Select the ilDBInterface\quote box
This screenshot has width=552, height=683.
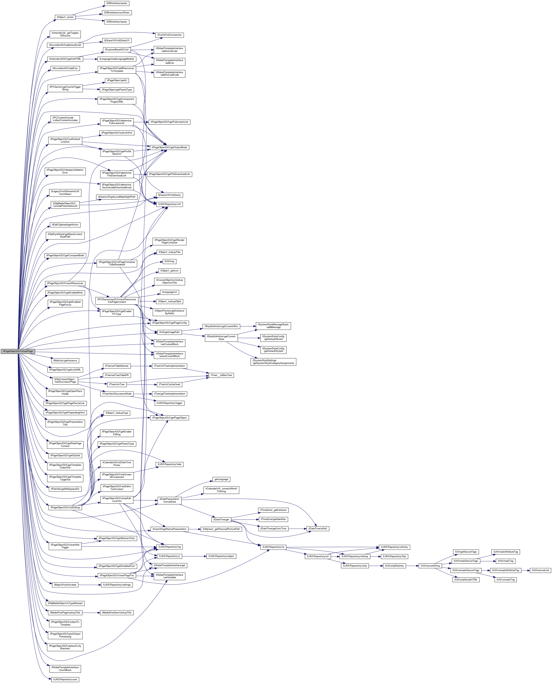click(x=117, y=3)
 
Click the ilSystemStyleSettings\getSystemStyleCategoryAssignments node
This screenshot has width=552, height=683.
click(x=273, y=362)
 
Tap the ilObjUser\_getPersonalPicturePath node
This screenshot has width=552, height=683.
click(x=222, y=529)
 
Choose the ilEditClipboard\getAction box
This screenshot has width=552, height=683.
click(x=65, y=225)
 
